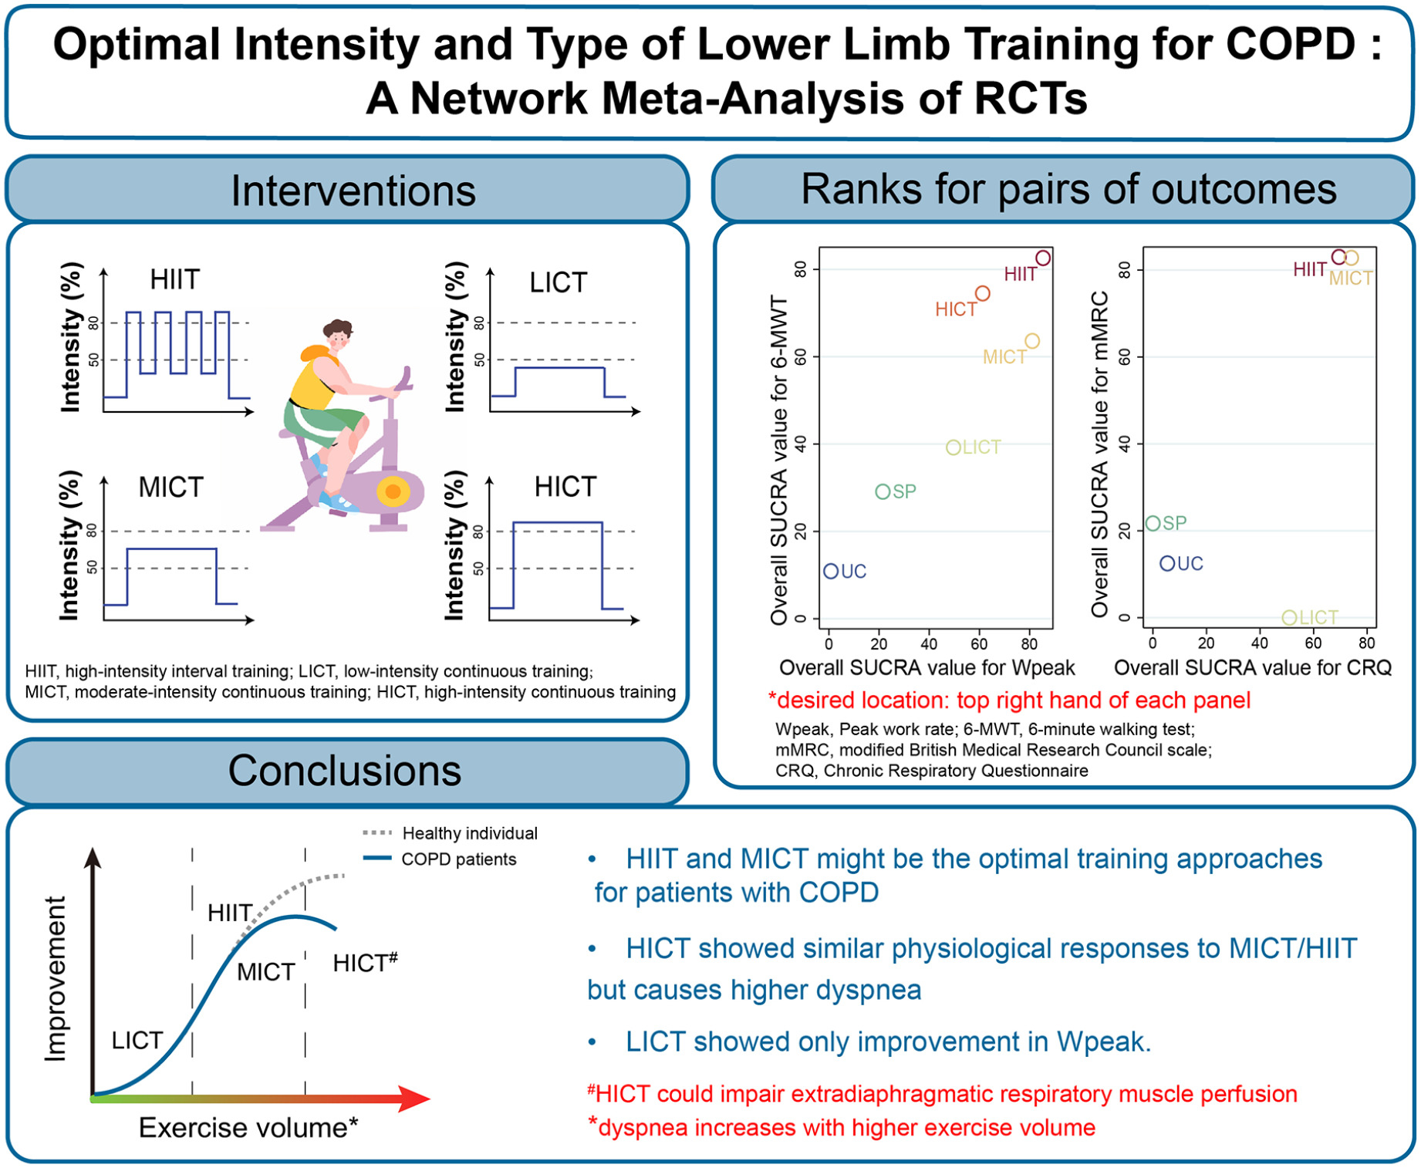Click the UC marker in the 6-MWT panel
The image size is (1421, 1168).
pos(831,572)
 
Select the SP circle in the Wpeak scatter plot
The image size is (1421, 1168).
pos(883,491)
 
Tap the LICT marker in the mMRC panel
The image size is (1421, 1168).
pos(1289,617)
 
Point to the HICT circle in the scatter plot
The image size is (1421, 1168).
pos(982,294)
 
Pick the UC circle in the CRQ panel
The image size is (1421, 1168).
pos(1167,564)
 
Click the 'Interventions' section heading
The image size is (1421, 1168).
pos(353,191)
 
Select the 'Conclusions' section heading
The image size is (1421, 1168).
pos(345,771)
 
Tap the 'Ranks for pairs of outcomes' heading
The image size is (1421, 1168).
pos(1068,189)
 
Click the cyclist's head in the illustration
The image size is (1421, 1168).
pos(338,334)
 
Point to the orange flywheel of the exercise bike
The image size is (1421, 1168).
pos(393,491)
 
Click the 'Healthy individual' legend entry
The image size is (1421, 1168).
pos(450,833)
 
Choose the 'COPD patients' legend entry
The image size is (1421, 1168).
pos(440,859)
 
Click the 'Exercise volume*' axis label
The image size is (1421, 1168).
pos(248,1128)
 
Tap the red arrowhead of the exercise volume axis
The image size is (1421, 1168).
pos(414,1099)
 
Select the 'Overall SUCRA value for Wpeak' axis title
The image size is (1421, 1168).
pos(927,668)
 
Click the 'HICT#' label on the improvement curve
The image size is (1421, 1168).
pos(365,962)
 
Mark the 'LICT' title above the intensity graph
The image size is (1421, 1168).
pos(559,283)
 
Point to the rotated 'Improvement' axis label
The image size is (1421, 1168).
pos(56,979)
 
